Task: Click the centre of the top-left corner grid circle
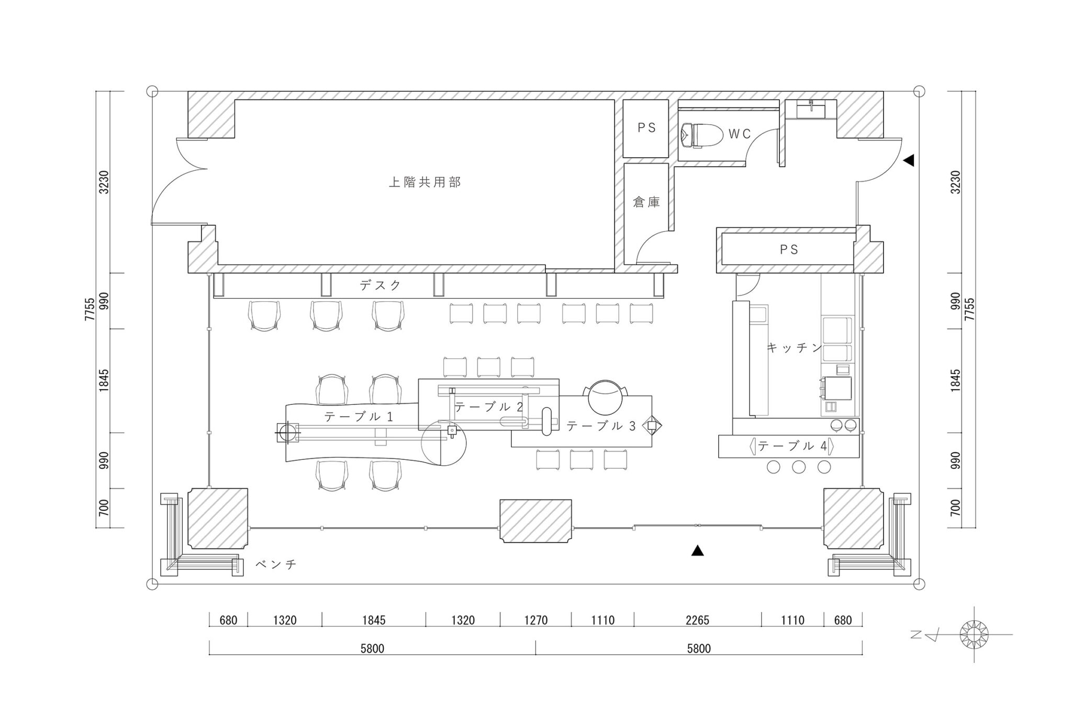pos(152,91)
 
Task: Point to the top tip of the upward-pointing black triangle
pos(697,546)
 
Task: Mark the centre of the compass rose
pos(974,634)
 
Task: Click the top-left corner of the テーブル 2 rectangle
pos(419,379)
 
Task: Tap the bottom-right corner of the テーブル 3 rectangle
pos(652,447)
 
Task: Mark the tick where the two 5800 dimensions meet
pos(535,648)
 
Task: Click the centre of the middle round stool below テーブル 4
pos(799,466)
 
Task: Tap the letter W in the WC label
pos(733,134)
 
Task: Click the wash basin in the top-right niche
pos(811,109)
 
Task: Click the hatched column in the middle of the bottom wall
pos(535,521)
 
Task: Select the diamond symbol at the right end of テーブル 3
pos(652,425)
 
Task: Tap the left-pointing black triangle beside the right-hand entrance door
pos(909,160)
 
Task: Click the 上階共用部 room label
pos(425,182)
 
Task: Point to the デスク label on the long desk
pos(381,285)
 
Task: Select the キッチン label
pos(795,347)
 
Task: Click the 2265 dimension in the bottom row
pos(697,621)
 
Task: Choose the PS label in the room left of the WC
pos(646,128)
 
